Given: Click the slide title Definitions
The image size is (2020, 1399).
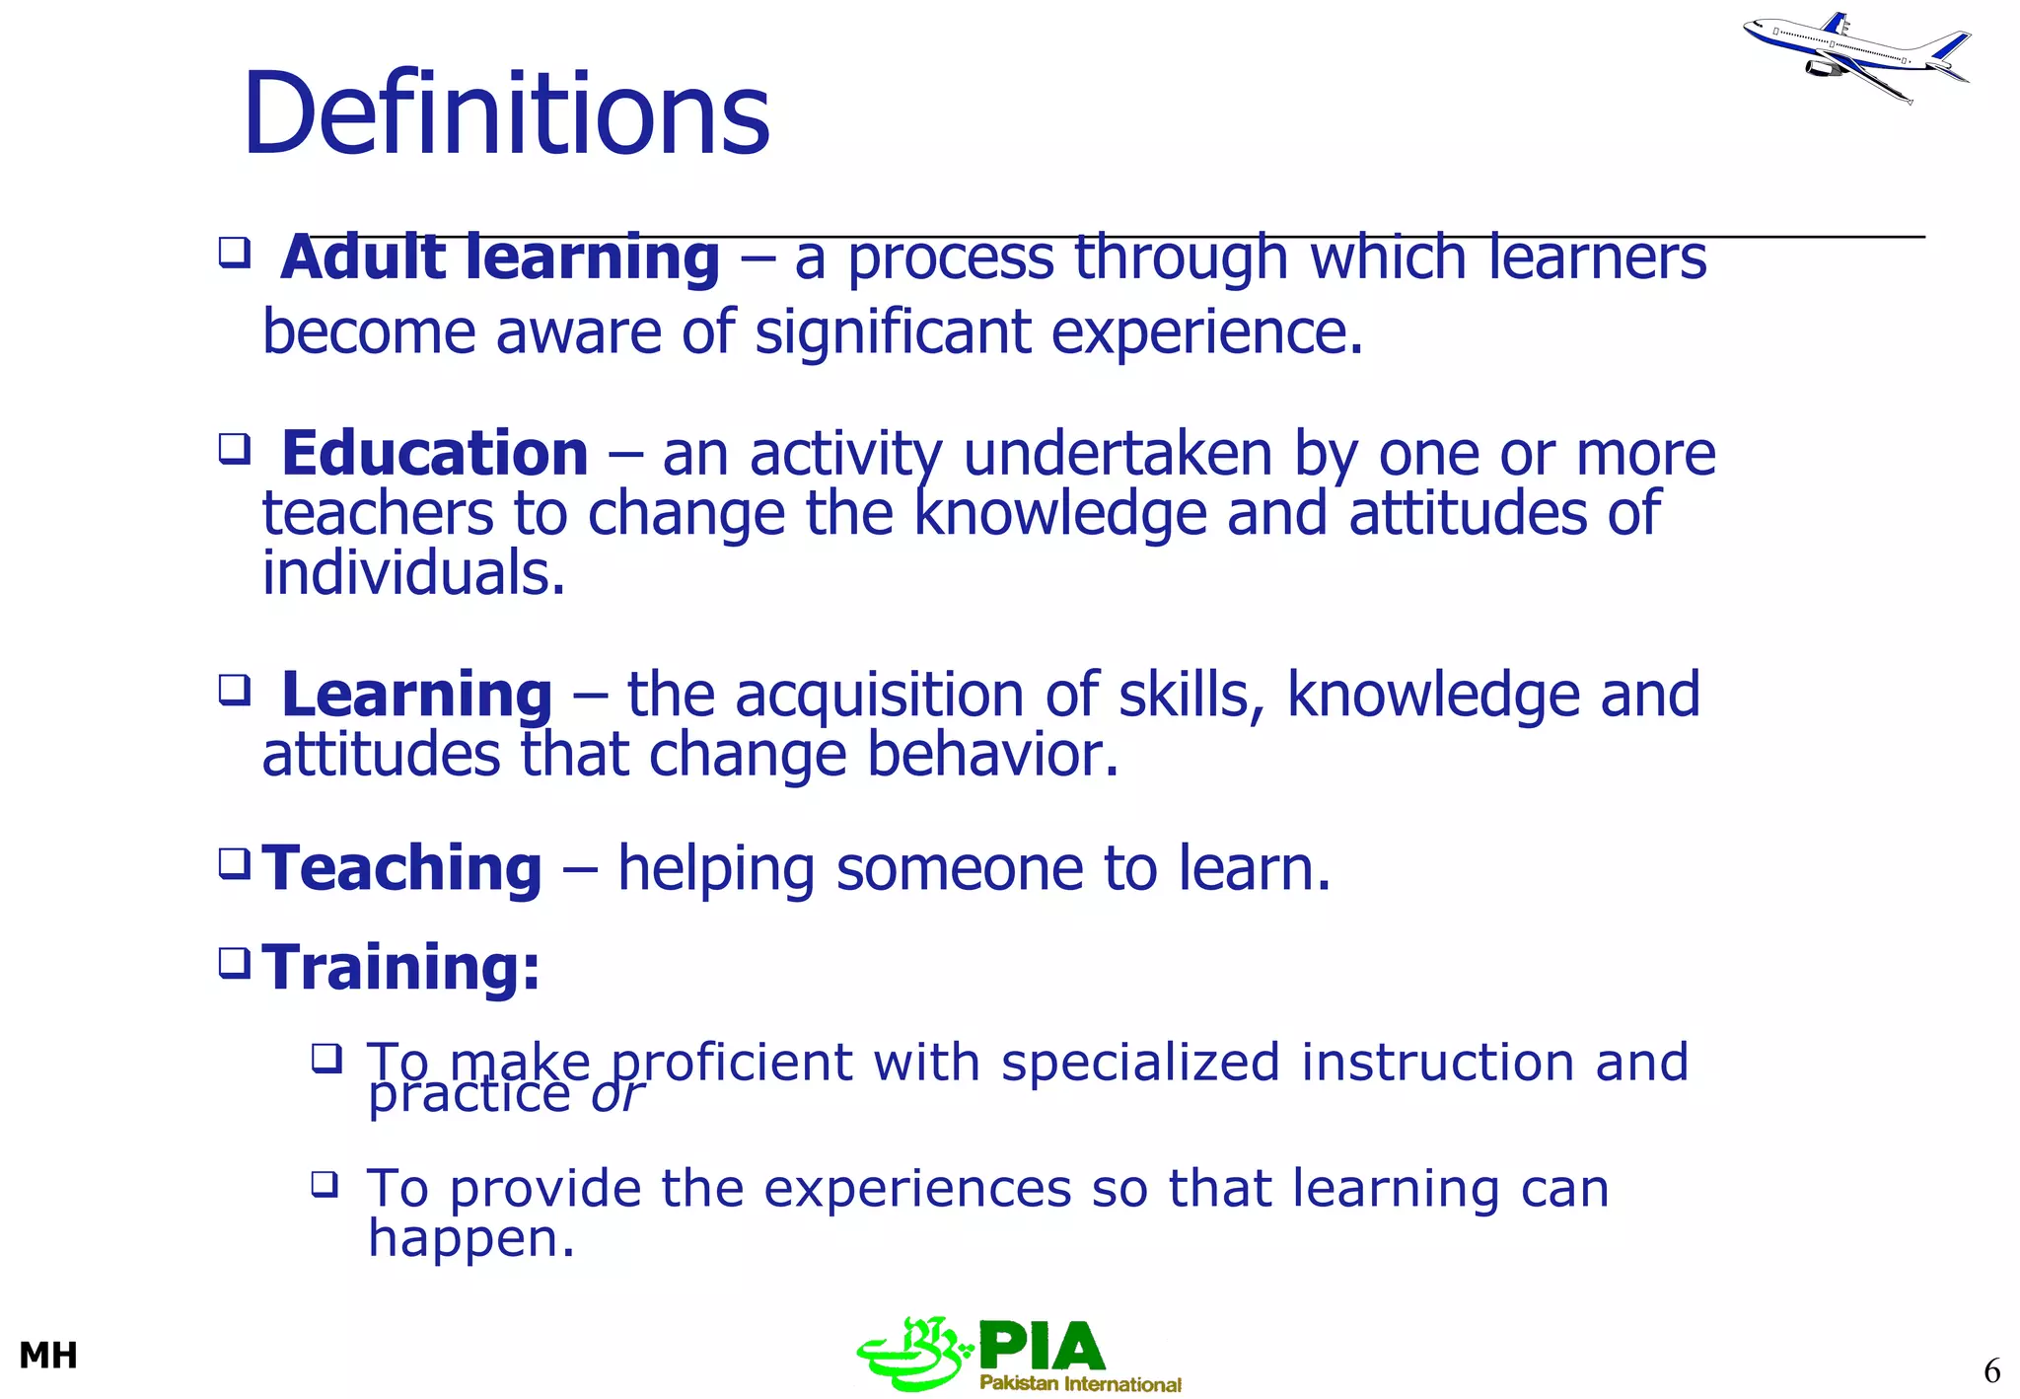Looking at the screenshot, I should (x=506, y=114).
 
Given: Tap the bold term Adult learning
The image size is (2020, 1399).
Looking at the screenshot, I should (x=500, y=258).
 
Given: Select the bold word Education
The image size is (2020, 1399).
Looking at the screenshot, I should (x=435, y=454).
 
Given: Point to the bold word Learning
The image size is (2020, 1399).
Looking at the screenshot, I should (x=416, y=695).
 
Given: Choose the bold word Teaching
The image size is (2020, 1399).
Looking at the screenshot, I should (x=402, y=868).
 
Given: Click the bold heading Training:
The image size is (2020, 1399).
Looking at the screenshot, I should (x=401, y=967).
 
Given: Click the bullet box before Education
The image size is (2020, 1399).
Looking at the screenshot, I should (x=234, y=449).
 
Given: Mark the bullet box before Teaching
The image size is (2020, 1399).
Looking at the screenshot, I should (x=234, y=863).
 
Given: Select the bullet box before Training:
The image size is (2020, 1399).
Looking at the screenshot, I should (x=234, y=962).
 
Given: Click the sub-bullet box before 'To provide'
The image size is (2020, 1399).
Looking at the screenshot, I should (x=325, y=1183).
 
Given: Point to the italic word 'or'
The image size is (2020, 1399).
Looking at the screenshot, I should (x=616, y=1094).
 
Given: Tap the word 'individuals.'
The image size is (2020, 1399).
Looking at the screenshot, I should (x=414, y=574).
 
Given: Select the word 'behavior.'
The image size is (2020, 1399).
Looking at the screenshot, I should (x=993, y=755).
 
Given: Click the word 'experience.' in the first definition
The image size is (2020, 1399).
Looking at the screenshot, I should (x=1207, y=332).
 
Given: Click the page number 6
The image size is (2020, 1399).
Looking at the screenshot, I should (x=1991, y=1371).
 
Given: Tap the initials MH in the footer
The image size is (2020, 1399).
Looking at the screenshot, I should (x=48, y=1357).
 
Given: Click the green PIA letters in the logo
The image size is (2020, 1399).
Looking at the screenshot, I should (x=1042, y=1347).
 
